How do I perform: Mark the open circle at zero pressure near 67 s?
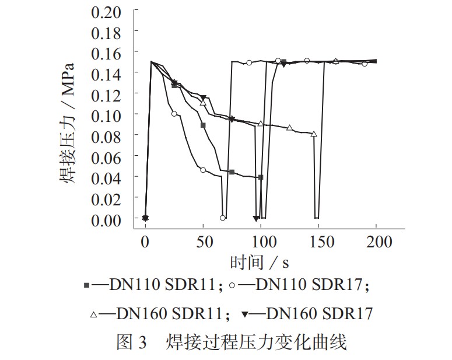223,218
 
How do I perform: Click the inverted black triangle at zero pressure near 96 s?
256,218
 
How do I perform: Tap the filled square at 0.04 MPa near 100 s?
261,177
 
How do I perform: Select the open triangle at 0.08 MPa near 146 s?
314,134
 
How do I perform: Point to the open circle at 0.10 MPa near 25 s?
174,114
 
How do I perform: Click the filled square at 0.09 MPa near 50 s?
203,125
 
